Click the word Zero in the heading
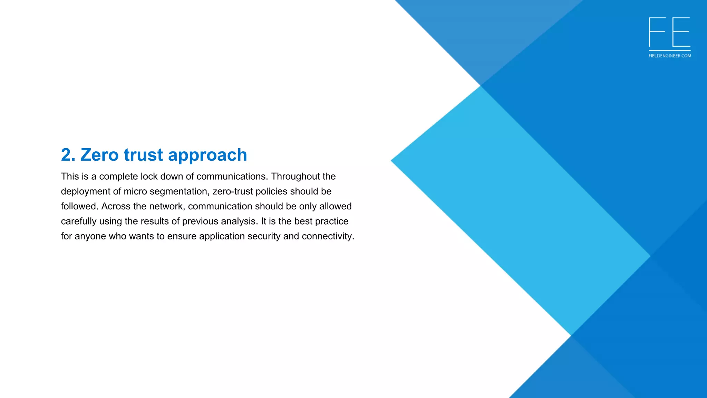click(x=100, y=155)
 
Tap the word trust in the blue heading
click(x=143, y=155)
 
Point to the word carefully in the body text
click(x=79, y=221)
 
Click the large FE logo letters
click(x=669, y=32)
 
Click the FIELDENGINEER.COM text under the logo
click(x=670, y=56)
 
